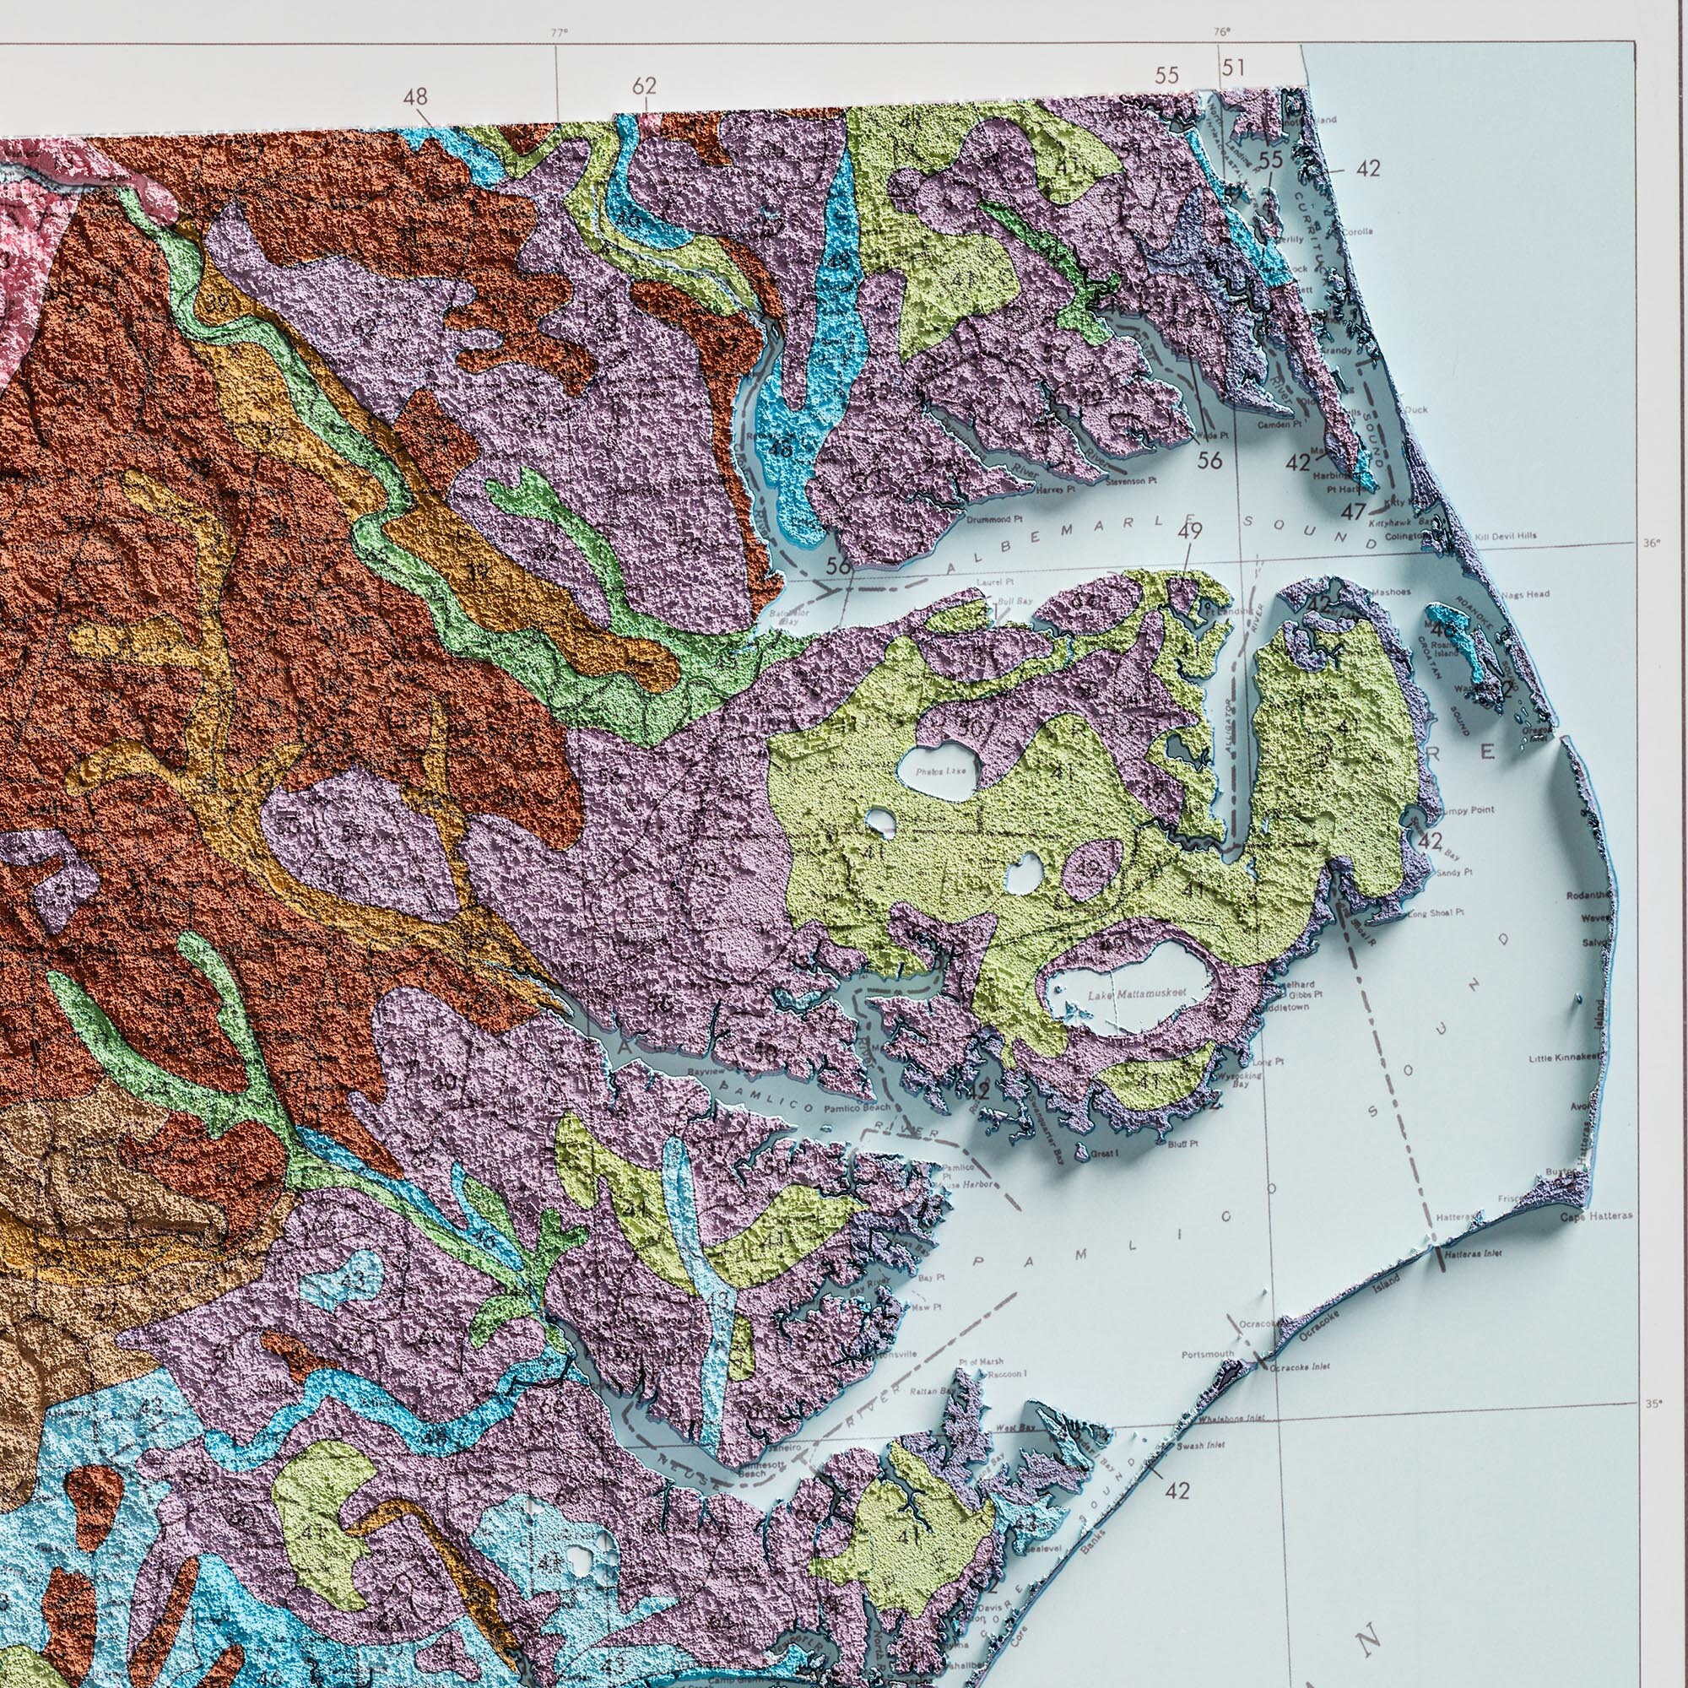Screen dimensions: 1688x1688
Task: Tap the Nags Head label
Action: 1529,594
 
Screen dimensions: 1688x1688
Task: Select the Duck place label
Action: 1415,408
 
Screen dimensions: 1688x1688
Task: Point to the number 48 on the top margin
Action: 417,95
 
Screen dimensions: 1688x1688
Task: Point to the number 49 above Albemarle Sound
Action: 1190,530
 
